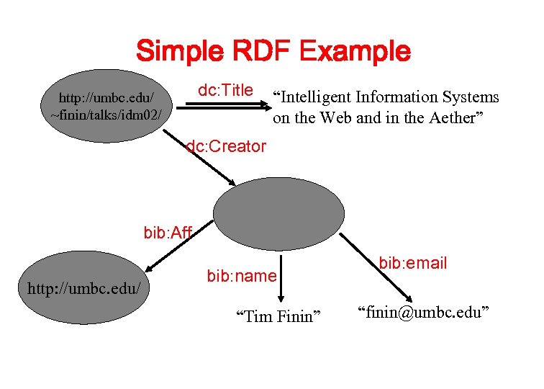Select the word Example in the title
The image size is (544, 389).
click(x=355, y=51)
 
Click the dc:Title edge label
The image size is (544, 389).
click(x=225, y=90)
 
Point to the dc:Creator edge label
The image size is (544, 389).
click(x=226, y=147)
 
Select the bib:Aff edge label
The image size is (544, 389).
click(x=167, y=233)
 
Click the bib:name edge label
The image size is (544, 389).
click(x=241, y=275)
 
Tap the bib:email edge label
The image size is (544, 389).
click(x=413, y=263)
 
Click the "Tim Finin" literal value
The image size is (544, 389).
click(x=278, y=316)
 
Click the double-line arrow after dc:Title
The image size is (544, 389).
click(x=225, y=105)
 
